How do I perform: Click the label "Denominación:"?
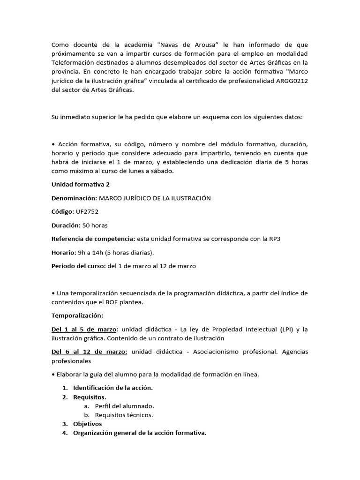click(74, 198)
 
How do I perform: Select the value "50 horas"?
click(95, 225)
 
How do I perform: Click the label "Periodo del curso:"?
click(78, 266)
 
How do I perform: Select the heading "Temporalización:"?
click(77, 315)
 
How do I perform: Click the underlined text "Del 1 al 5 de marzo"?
click(83, 329)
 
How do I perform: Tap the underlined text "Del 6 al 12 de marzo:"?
click(89, 352)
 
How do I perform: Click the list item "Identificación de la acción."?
click(113, 388)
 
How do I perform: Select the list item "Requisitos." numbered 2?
click(90, 397)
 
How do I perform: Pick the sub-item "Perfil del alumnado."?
click(124, 406)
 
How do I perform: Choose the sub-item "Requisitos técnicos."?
click(124, 415)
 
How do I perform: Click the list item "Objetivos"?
click(87, 424)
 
